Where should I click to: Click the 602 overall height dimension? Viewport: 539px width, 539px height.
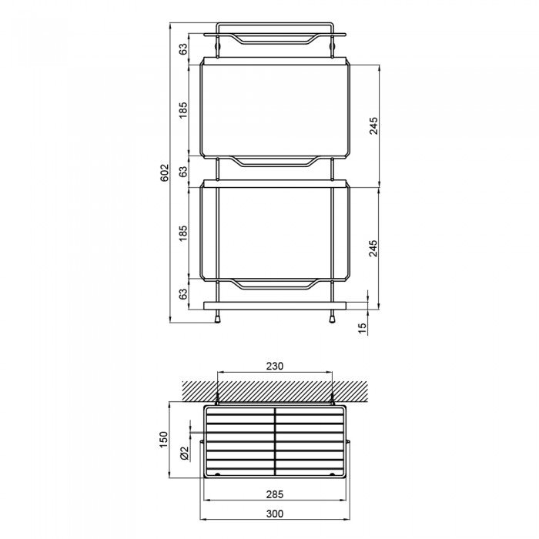[164, 173]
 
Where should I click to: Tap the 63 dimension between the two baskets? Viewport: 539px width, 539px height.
[183, 172]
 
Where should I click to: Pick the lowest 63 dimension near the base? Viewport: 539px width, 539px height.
[183, 293]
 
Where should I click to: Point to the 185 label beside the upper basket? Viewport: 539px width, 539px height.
[183, 111]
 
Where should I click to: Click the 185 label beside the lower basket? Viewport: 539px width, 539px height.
[183, 233]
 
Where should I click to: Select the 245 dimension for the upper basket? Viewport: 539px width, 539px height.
[373, 126]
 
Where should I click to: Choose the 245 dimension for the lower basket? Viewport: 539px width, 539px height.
[373, 247]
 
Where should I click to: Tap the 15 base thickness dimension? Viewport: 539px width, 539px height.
[362, 327]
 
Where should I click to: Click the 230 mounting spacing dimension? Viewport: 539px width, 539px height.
[275, 367]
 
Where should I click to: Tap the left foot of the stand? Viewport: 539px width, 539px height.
[219, 316]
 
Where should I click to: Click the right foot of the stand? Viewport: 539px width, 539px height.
[332, 316]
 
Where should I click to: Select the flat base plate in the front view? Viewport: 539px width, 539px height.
[275, 305]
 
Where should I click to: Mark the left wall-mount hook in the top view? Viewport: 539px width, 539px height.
[219, 399]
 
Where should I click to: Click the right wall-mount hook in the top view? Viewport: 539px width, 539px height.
[332, 399]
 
